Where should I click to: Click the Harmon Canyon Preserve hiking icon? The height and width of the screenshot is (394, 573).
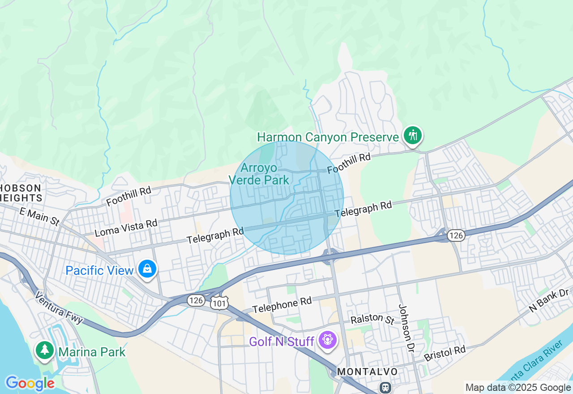tap(412, 135)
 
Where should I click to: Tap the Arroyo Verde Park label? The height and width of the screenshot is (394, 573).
tap(259, 174)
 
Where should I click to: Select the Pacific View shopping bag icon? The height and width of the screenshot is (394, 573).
tap(147, 269)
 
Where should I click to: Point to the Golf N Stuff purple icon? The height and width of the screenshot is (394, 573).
tap(328, 340)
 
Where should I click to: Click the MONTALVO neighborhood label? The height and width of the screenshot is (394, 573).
tap(367, 372)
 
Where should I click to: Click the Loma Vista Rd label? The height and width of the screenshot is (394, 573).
tap(126, 228)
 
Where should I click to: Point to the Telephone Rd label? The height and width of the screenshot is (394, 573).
tap(282, 305)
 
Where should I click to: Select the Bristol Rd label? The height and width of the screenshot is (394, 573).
tap(445, 353)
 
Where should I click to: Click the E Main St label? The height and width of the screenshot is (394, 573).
tap(39, 216)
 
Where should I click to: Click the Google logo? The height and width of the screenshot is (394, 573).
tap(30, 383)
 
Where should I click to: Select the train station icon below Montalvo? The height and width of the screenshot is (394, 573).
tap(385, 387)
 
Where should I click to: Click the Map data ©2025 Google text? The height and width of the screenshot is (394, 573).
tap(518, 388)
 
